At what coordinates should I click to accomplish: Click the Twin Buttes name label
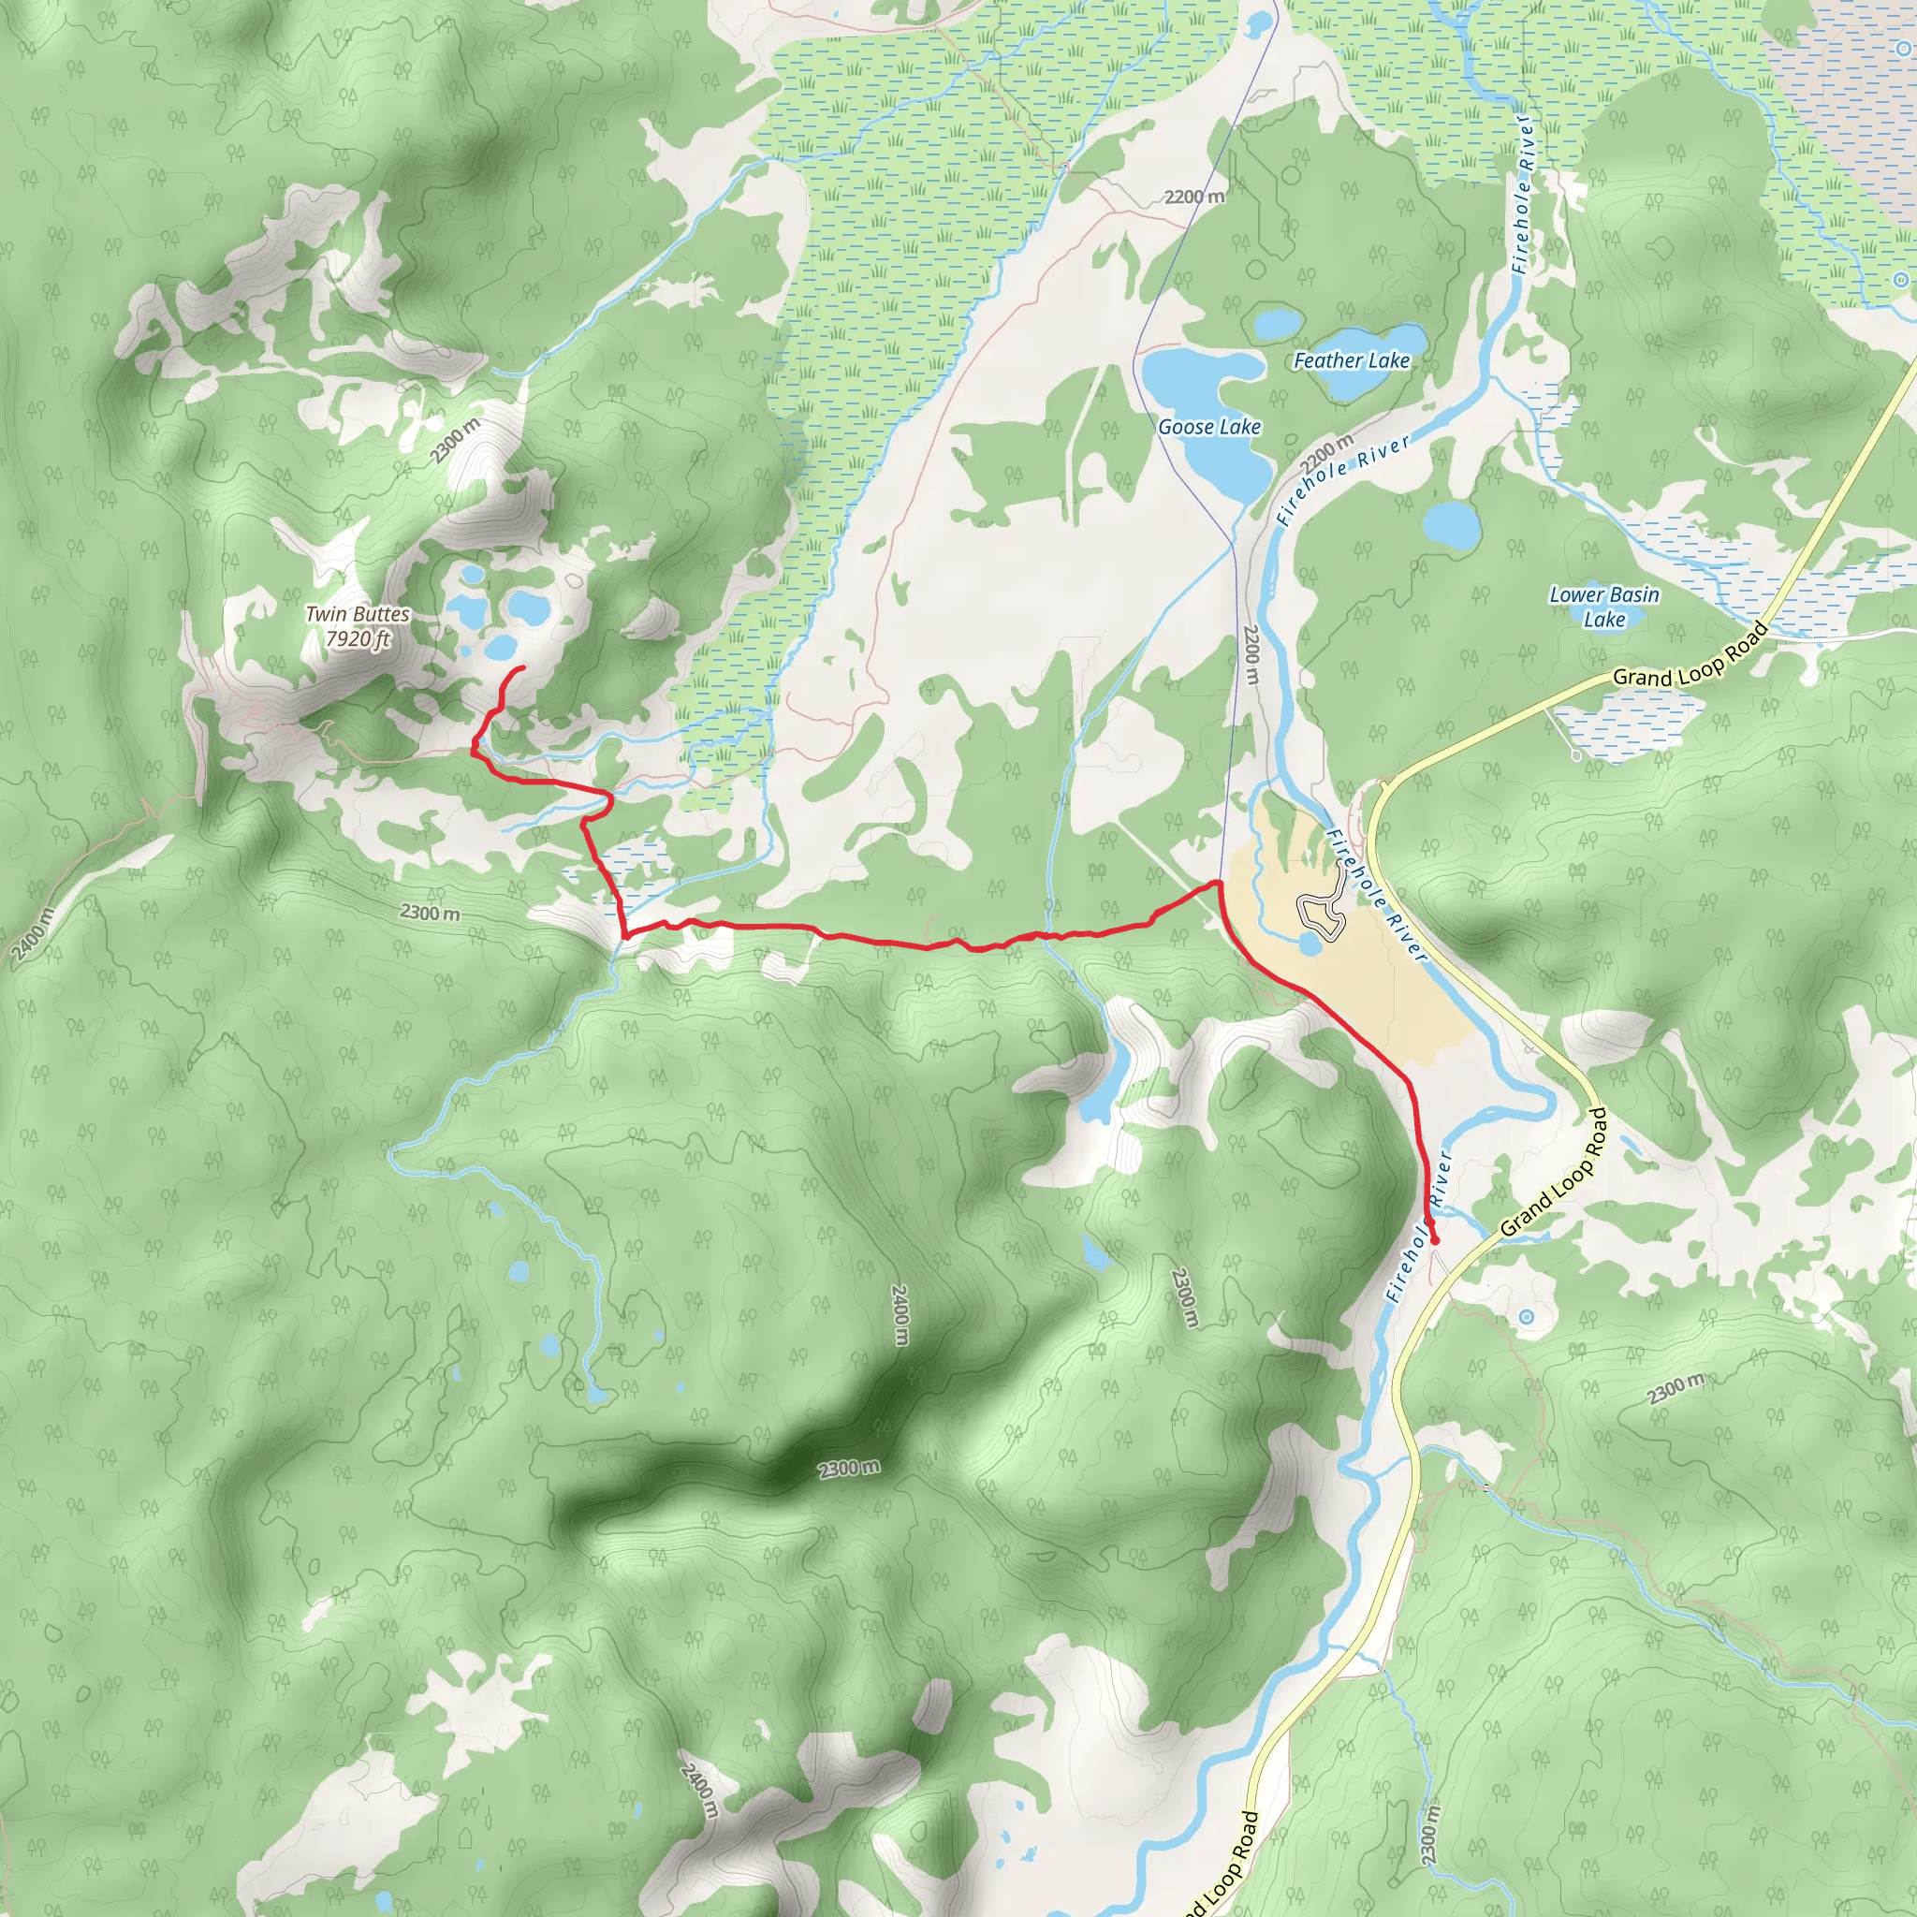[358, 614]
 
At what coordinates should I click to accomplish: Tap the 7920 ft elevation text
[358, 639]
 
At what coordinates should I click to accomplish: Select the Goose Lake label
[1208, 427]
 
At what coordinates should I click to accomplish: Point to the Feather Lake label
[1351, 361]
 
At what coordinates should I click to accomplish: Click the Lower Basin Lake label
[1603, 607]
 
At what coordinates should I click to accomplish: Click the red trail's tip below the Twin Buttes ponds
[523, 671]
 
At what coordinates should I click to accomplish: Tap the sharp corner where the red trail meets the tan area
[1219, 881]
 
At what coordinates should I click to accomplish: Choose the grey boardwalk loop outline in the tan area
[1321, 915]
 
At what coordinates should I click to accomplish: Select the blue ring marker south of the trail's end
[1526, 1317]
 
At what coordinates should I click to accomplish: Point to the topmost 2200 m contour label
[1194, 197]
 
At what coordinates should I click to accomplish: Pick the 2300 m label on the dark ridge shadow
[848, 1469]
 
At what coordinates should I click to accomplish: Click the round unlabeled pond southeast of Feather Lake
[1452, 524]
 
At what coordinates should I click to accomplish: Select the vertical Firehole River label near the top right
[1523, 194]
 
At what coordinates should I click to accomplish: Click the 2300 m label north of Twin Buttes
[456, 441]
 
